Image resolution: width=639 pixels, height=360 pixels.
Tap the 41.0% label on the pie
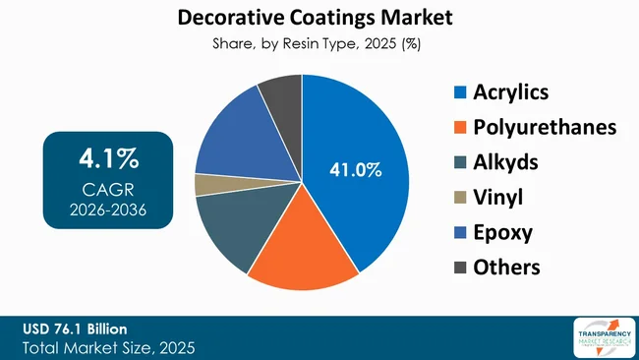(x=354, y=170)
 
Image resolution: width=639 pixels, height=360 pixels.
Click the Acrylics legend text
(x=510, y=93)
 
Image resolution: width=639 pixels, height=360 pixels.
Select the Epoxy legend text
(x=502, y=232)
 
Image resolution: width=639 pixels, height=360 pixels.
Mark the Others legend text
(x=506, y=267)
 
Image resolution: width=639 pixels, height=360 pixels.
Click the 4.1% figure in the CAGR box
(x=108, y=157)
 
